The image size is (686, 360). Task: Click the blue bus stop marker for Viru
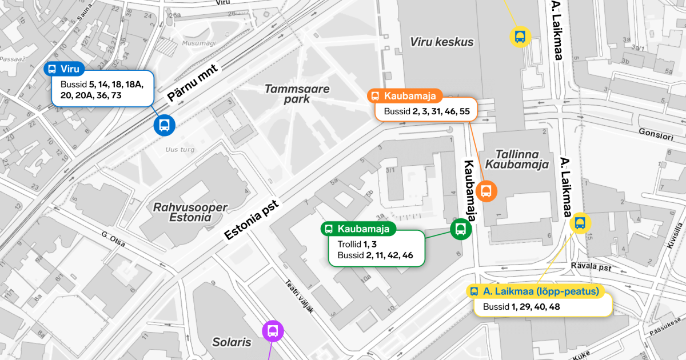164,125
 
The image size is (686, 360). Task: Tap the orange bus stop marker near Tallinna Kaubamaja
486,191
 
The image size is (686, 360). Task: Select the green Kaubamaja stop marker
461,229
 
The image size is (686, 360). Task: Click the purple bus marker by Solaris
273,331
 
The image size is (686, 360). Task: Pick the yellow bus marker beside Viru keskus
520,37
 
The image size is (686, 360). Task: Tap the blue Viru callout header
65,69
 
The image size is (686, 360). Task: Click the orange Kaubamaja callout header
406,96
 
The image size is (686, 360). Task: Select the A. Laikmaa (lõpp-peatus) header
535,291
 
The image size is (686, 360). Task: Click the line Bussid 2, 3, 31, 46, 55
426,111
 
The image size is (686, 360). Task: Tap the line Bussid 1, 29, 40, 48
521,307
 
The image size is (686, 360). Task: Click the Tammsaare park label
297,94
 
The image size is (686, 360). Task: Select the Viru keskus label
442,42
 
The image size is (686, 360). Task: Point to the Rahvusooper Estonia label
190,212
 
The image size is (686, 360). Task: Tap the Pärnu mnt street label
193,83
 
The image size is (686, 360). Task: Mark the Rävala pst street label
591,266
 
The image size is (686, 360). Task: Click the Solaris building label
232,342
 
